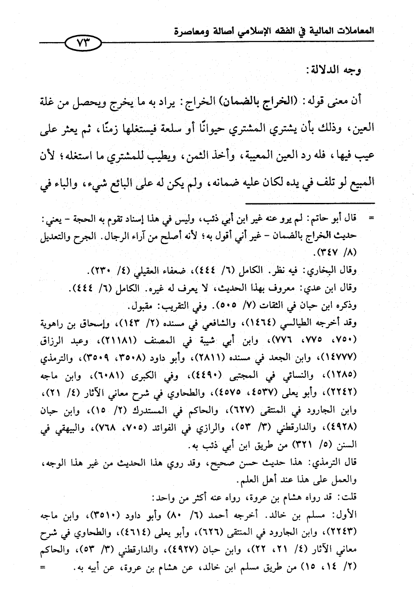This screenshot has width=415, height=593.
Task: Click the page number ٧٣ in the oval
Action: (82, 43)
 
